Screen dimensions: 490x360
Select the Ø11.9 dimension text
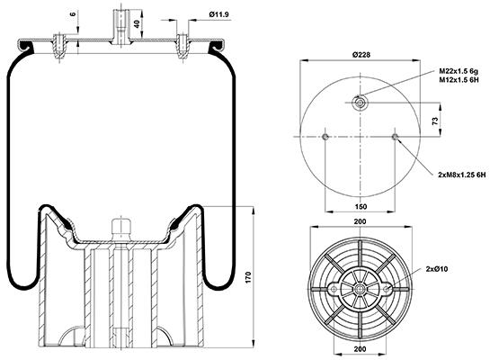coord(219,14)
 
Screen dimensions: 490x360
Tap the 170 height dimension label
coord(248,277)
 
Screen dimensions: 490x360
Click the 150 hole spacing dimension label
coord(361,206)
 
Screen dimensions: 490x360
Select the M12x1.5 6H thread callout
coord(459,79)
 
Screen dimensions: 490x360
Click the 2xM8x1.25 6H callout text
coord(462,175)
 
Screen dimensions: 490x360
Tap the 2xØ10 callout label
coord(437,269)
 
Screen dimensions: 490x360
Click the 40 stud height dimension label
coord(137,23)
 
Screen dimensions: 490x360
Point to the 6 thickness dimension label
coord(73,14)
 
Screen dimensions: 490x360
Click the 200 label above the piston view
coord(361,221)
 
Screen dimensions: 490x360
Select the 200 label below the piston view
coord(361,348)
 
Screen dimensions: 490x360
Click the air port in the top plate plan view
coord(360,103)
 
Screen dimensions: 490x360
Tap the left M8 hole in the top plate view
coord(325,137)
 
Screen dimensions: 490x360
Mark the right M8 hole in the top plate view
coord(396,137)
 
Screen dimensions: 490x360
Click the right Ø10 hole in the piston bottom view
coord(387,289)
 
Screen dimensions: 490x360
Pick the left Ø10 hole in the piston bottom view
coord(334,289)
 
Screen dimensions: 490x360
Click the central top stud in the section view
coord(120,28)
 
